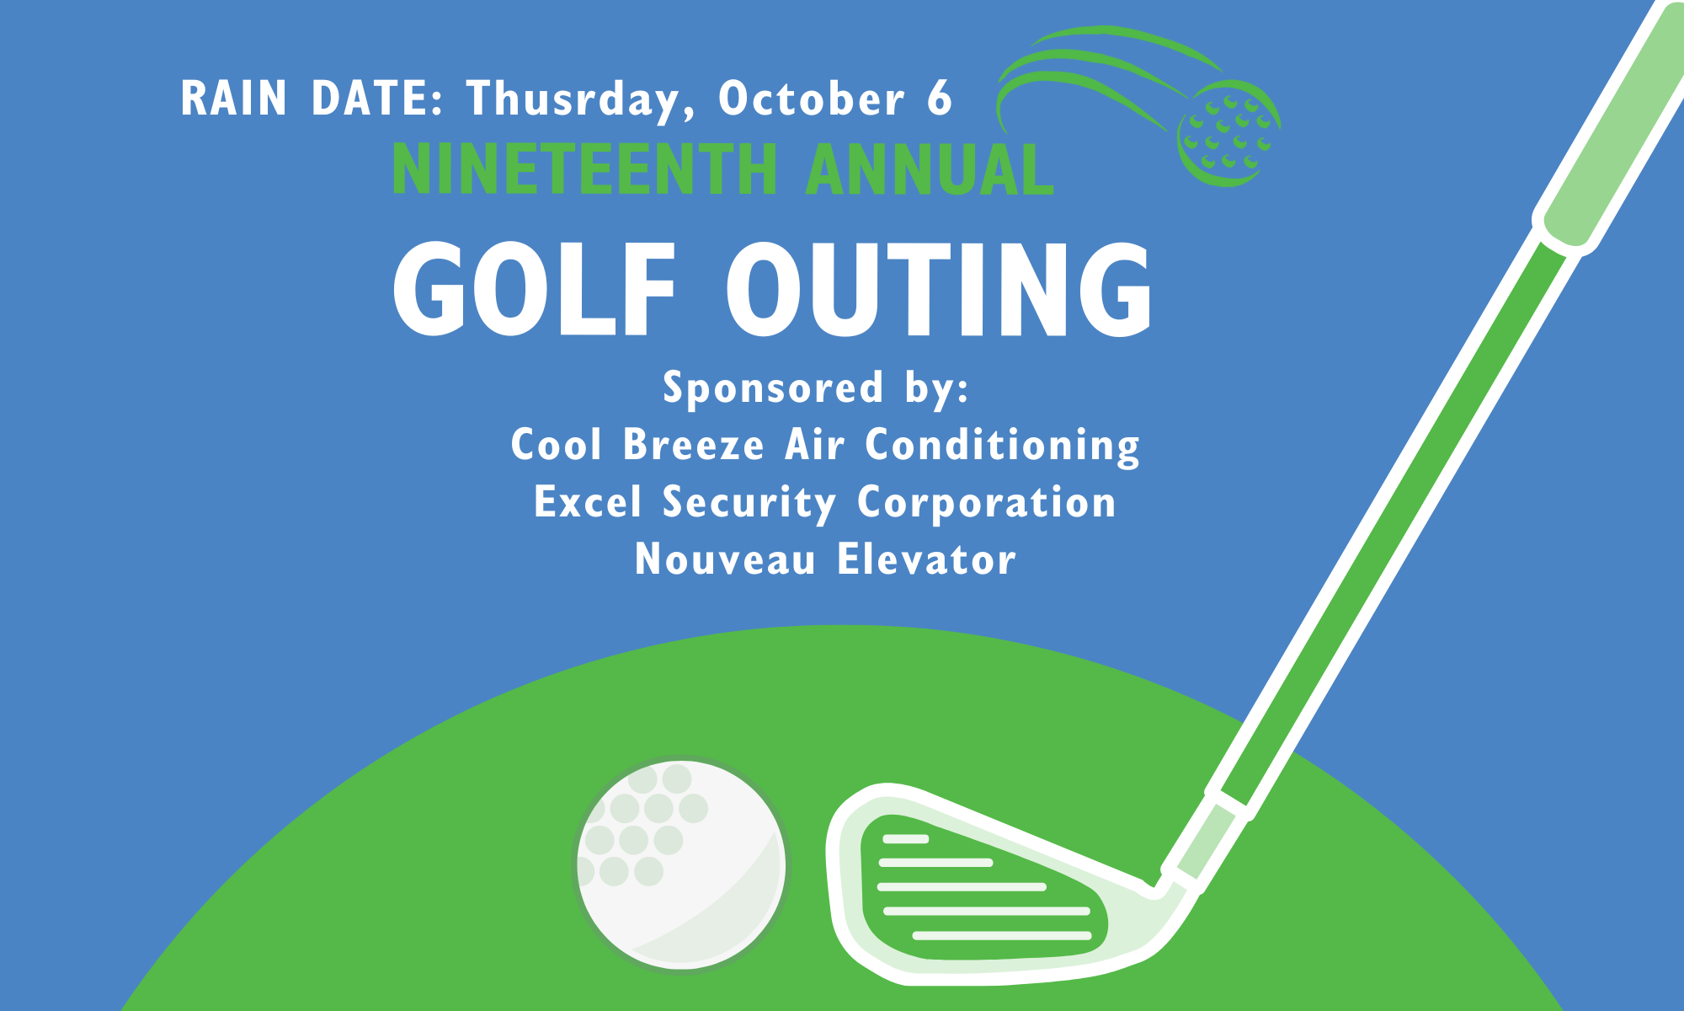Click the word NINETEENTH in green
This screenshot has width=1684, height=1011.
point(585,169)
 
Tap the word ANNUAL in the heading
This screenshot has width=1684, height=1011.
point(930,169)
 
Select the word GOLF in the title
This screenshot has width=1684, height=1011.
point(535,288)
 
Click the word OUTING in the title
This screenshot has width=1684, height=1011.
point(939,288)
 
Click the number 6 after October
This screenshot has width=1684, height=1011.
point(939,98)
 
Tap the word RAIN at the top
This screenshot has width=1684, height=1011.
point(234,98)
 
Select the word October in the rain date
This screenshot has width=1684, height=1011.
point(812,98)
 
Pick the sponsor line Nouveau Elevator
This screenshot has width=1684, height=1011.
point(825,559)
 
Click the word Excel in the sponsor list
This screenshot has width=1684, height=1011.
point(588,502)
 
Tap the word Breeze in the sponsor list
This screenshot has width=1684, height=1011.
point(694,444)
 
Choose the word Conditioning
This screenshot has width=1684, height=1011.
point(1003,446)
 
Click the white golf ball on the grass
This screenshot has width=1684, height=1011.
point(681,864)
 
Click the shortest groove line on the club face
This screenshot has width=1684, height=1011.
point(905,839)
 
